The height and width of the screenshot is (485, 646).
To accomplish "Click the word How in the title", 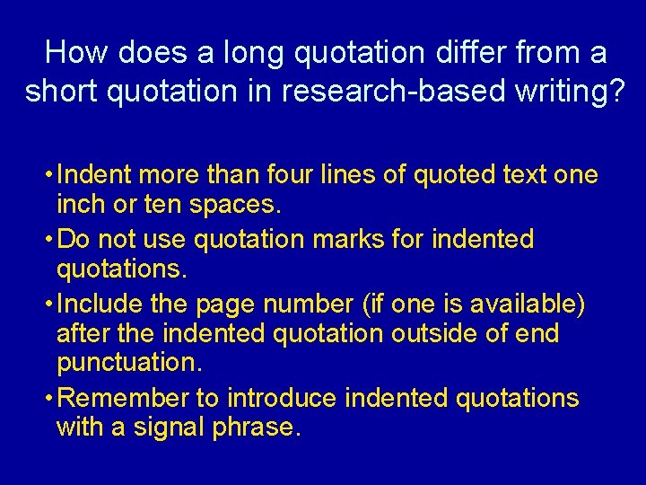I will click(x=74, y=53).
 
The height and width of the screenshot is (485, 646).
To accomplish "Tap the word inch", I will click(x=78, y=206).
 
